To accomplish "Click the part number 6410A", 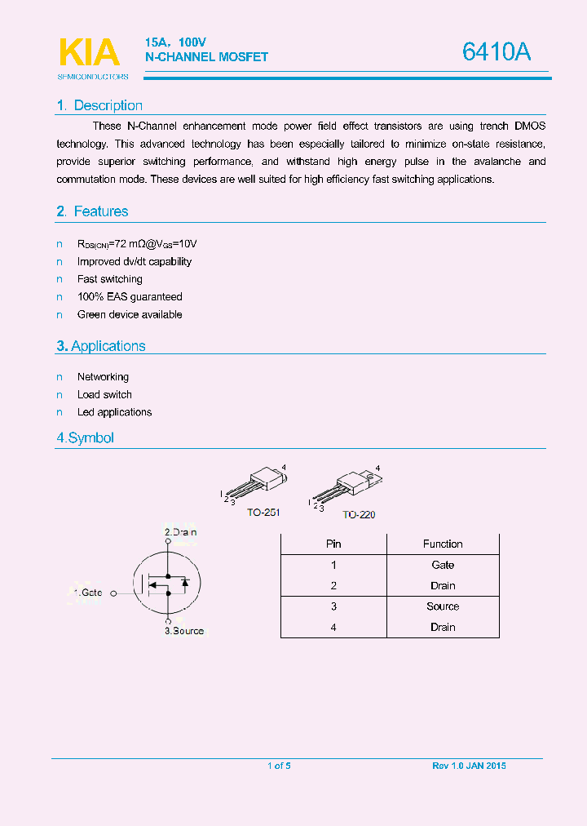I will click(x=496, y=52).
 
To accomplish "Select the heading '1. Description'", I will click(x=99, y=105).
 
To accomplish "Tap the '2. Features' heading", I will click(x=92, y=211).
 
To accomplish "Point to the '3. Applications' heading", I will click(x=100, y=346).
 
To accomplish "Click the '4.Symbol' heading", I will click(x=85, y=437).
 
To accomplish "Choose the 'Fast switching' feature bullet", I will click(x=110, y=279).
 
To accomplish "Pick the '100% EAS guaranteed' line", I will click(x=130, y=297).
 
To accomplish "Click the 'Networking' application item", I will click(x=103, y=377).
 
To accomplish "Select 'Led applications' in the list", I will click(x=114, y=412).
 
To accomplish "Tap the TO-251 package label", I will click(x=263, y=512).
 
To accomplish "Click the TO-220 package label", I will click(x=359, y=515).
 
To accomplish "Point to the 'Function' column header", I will click(x=443, y=544).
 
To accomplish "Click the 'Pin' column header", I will click(x=333, y=544).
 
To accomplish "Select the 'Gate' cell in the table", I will click(x=443, y=565).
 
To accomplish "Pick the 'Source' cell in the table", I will click(x=443, y=606).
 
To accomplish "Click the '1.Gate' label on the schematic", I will click(x=88, y=593).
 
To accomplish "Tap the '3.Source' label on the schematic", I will click(x=184, y=631).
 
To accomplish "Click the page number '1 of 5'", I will click(x=279, y=766).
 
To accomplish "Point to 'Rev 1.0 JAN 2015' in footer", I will click(x=469, y=766).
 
